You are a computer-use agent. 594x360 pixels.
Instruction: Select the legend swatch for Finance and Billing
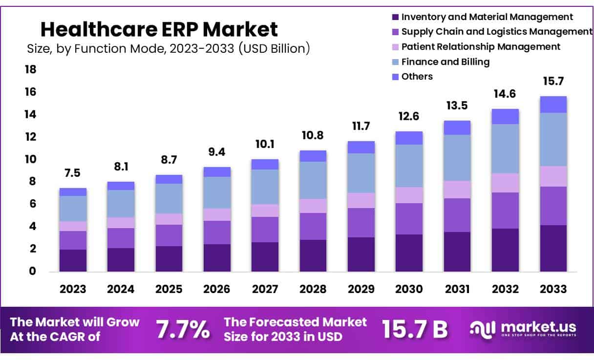pyautogui.click(x=396, y=62)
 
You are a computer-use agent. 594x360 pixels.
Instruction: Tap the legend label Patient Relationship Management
pyautogui.click(x=481, y=47)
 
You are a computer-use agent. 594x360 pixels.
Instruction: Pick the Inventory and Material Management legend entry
pyautogui.click(x=487, y=17)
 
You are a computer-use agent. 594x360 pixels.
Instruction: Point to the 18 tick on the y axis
pyautogui.click(x=30, y=69)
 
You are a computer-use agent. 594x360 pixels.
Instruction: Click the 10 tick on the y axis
pyautogui.click(x=30, y=159)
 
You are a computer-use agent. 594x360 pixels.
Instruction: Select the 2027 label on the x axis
pyautogui.click(x=265, y=289)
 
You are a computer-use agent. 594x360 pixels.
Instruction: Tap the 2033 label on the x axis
pyautogui.click(x=553, y=289)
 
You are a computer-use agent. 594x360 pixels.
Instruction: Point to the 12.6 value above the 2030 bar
pyautogui.click(x=409, y=117)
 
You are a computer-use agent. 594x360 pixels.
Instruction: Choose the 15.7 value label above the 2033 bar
pyautogui.click(x=553, y=81)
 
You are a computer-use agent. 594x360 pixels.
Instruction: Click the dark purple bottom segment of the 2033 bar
pyautogui.click(x=553, y=248)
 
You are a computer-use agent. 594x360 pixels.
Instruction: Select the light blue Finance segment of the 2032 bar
pyautogui.click(x=505, y=148)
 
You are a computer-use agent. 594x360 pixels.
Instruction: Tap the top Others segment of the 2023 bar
pyautogui.click(x=73, y=192)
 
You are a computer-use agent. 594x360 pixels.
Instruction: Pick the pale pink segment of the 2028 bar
pyautogui.click(x=313, y=206)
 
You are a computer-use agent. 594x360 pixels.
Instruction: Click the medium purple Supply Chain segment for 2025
pyautogui.click(x=169, y=235)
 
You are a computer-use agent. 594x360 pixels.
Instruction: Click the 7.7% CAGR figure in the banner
pyautogui.click(x=183, y=330)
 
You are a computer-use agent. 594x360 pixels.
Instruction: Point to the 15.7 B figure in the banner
pyautogui.click(x=414, y=330)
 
